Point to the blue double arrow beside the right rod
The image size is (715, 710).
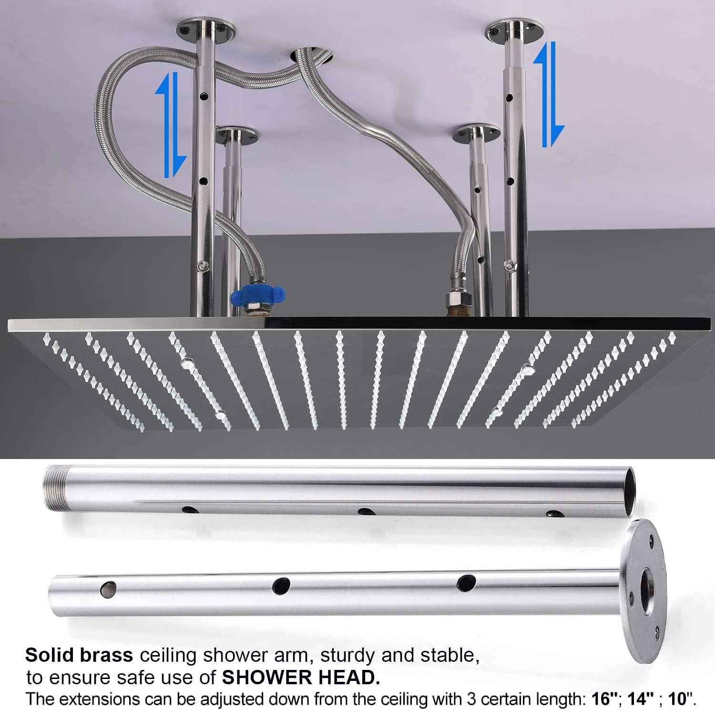tap(549, 94)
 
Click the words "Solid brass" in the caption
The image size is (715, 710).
tap(79, 655)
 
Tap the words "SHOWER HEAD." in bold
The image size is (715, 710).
tap(301, 677)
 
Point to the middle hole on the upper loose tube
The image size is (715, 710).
tap(366, 512)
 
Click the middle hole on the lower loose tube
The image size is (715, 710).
tap(282, 584)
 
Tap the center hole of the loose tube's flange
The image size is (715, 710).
tap(649, 591)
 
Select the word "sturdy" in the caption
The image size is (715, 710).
tap(350, 656)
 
